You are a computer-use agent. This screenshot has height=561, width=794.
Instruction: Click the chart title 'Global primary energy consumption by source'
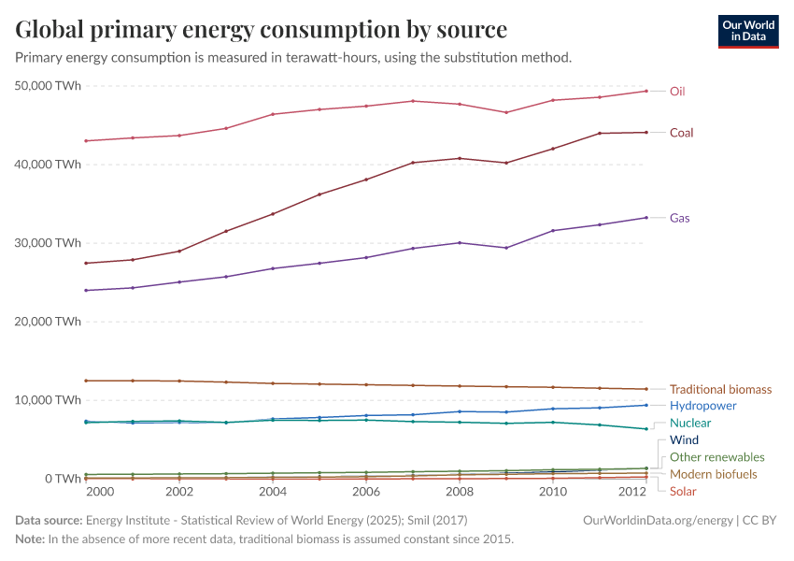coord(262,29)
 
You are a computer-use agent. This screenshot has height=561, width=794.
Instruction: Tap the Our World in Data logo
coord(747,31)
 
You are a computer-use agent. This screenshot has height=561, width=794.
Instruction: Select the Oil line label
coord(678,92)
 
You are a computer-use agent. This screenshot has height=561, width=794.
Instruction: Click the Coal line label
coord(681,133)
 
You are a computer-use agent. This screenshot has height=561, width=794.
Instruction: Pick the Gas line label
coord(680,218)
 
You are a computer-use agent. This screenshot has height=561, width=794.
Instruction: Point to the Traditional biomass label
coord(720,389)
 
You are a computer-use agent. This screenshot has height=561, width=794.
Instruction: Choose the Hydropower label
coord(702,406)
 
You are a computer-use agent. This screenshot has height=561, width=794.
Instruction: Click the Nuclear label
coord(690,424)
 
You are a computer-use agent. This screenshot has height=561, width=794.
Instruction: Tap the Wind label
coord(684,440)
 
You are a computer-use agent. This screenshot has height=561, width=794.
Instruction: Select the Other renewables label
coord(716,458)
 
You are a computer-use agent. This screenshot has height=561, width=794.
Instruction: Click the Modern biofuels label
coord(713,475)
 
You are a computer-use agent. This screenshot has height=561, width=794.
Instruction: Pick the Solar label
coord(683,492)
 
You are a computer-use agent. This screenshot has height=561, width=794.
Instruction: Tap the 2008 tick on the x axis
coord(459,492)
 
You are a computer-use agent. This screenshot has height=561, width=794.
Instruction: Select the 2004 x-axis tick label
coord(273,492)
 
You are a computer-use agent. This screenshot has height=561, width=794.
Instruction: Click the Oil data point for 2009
coord(505,112)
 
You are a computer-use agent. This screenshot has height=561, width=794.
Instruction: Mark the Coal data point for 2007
coord(413,163)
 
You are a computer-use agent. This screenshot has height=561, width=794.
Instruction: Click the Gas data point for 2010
coord(552,230)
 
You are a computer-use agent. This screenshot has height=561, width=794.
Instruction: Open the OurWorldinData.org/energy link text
coord(657,520)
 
